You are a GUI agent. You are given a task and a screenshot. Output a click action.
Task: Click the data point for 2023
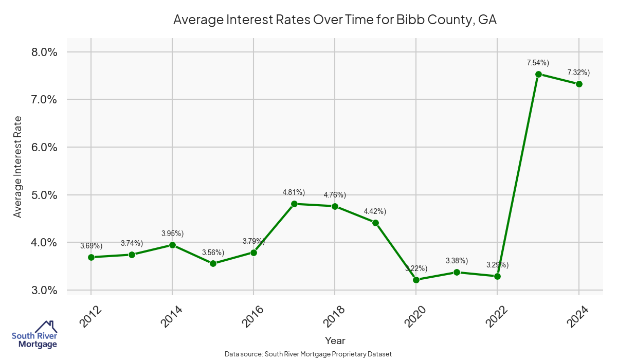coord(538,74)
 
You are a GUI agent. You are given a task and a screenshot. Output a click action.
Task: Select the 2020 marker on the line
coord(416,280)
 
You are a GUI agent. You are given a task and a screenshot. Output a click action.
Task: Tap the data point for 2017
coord(294,204)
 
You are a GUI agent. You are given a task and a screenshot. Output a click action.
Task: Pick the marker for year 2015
coord(213,263)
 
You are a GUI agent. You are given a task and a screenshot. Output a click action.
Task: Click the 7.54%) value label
coord(538,63)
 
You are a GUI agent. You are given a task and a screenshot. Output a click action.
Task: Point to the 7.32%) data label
coord(578,73)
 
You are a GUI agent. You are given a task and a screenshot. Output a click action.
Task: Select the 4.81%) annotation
coord(294,192)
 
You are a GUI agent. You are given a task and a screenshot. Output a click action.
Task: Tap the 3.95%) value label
coord(172,233)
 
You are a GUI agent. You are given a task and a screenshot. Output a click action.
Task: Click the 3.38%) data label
coord(457,261)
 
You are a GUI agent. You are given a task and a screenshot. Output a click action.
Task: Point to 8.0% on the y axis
coord(43,52)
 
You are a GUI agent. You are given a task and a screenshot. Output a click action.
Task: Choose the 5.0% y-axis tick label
coord(43,195)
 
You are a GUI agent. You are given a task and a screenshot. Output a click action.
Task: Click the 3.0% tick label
coord(43,290)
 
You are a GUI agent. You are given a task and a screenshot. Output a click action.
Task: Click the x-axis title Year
coord(335,340)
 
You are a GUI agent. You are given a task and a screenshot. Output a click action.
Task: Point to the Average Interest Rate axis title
coord(18,167)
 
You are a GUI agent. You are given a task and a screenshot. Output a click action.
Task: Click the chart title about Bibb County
coord(335,20)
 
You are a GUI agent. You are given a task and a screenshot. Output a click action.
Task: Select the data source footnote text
coord(308,354)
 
